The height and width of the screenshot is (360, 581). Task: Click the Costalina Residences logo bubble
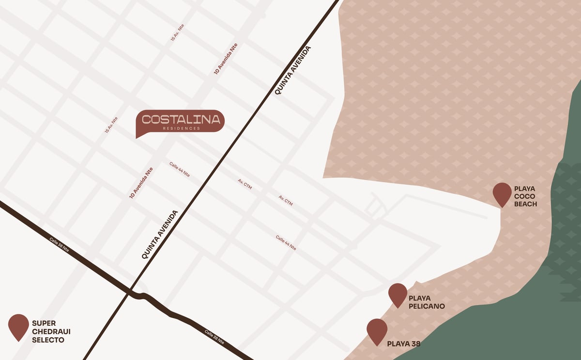point(180,120)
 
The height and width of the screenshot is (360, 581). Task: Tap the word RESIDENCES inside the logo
point(181,128)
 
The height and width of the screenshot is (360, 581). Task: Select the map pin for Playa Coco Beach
point(502,194)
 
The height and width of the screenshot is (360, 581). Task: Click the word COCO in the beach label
point(522,196)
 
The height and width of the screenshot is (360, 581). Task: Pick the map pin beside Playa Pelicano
point(398,294)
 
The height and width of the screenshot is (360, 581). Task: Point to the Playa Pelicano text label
point(427,302)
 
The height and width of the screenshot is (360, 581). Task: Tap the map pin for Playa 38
point(377,330)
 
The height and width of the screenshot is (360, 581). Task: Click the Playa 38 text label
point(403,344)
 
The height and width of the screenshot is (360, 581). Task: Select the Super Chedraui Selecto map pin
point(18,326)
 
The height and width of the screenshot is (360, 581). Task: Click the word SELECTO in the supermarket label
point(48,340)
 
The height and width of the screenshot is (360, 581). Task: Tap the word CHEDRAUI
point(51,332)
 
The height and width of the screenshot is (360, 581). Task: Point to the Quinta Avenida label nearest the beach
point(292,70)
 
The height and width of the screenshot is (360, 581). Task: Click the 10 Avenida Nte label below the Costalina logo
point(141,183)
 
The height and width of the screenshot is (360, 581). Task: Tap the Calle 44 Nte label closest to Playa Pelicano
point(286,242)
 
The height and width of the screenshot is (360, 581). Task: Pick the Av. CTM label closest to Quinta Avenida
point(245,184)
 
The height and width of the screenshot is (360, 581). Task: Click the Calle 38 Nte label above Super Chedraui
point(59,244)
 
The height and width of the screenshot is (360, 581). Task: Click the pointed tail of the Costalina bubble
point(138,136)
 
